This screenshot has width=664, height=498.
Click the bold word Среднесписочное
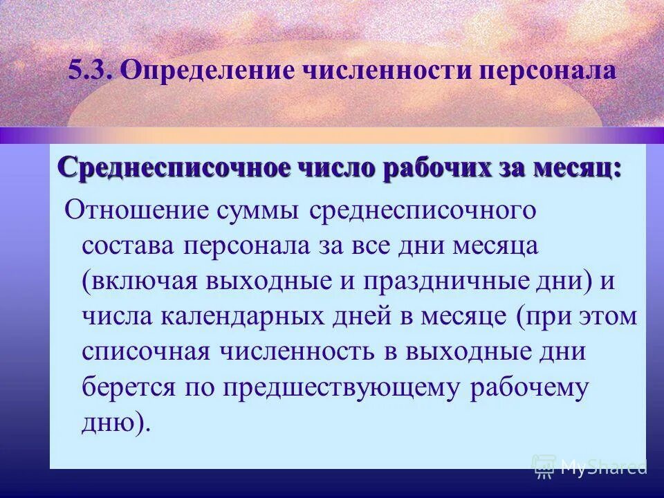pyautogui.click(x=174, y=167)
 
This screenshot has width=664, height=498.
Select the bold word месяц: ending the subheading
pyautogui.click(x=573, y=167)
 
